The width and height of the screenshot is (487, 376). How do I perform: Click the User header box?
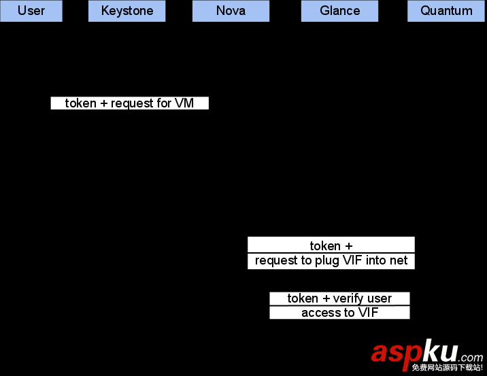click(31, 11)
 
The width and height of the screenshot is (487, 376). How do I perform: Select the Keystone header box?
click(127, 11)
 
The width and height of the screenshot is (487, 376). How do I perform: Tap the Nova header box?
click(231, 11)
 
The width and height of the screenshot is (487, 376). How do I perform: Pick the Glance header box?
click(339, 11)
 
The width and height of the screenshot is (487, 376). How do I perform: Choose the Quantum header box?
click(446, 11)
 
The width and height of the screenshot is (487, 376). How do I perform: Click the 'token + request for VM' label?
click(129, 103)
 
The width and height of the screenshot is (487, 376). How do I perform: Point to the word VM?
click(184, 103)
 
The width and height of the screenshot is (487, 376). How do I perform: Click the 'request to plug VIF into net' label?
click(331, 260)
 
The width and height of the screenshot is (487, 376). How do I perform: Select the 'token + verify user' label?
click(339, 298)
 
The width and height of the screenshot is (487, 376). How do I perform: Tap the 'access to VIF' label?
click(339, 313)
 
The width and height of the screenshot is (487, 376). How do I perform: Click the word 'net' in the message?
click(399, 260)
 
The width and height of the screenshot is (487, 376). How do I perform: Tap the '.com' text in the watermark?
click(471, 357)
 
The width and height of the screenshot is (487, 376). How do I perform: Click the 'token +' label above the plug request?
click(331, 245)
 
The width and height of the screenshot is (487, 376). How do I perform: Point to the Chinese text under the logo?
click(447, 368)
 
